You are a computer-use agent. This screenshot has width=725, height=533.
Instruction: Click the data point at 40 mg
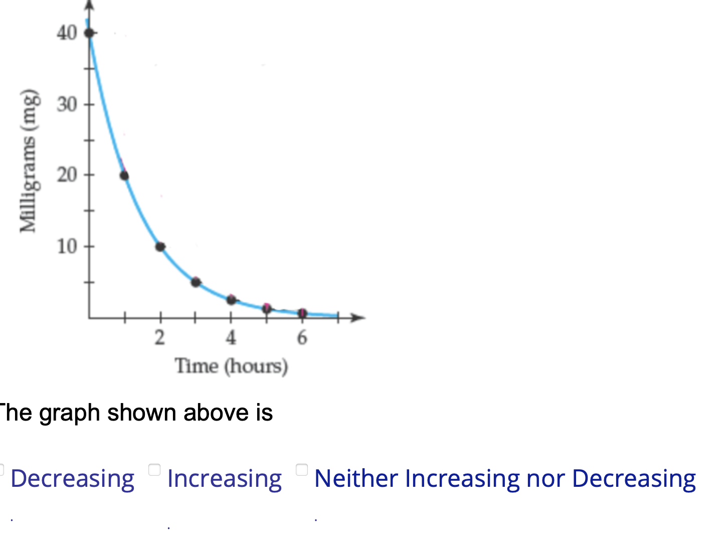[x=89, y=33]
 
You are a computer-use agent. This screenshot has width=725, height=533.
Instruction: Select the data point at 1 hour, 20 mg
[x=124, y=176]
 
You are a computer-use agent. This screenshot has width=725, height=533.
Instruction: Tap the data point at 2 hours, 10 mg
[x=160, y=246]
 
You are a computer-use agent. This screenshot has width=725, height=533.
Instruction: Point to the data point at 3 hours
[x=196, y=282]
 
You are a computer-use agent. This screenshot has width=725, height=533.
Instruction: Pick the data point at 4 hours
[x=231, y=300]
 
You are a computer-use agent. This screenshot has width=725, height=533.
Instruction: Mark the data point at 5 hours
[x=267, y=308]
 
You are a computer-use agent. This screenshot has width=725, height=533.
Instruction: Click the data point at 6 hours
[x=302, y=313]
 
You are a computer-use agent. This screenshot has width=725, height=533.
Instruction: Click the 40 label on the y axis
[x=67, y=33]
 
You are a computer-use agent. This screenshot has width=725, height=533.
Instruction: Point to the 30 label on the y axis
[x=67, y=104]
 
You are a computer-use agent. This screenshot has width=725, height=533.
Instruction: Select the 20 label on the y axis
[x=67, y=175]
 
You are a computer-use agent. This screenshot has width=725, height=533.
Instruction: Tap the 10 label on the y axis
[x=67, y=246]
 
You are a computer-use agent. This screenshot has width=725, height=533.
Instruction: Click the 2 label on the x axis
[x=160, y=337]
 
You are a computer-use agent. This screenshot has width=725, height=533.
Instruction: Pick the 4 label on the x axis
[x=231, y=337]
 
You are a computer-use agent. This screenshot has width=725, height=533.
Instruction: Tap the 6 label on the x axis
[x=302, y=337]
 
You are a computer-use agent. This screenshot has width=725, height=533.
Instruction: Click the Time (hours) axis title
[x=231, y=366]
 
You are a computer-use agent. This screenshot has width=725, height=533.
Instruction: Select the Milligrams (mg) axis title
[x=29, y=161]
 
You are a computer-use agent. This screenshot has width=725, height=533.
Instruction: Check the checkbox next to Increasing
[x=154, y=470]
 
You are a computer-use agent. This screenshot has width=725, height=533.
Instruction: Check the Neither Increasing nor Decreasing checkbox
[x=302, y=470]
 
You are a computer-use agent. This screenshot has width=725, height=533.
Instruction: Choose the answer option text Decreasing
[x=73, y=478]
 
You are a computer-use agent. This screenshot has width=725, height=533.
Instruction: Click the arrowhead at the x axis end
[x=358, y=317]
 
